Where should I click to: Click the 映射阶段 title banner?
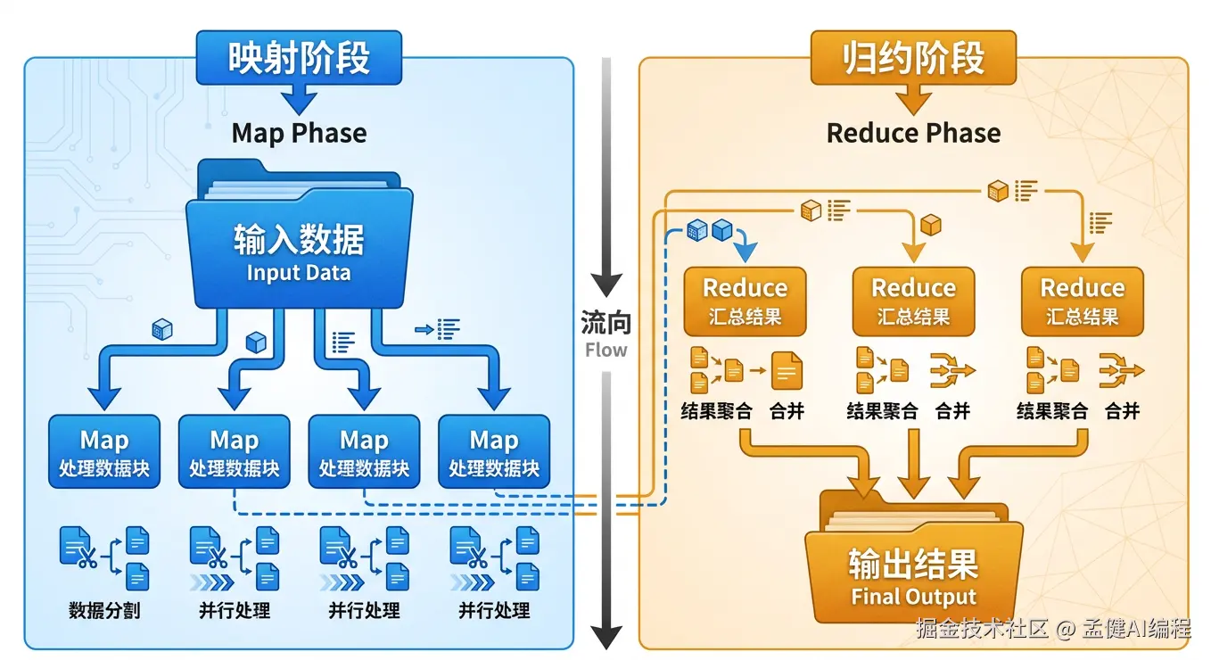[299, 59]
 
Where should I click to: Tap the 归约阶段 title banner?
[913, 59]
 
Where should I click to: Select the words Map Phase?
[299, 134]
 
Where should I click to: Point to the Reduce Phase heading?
[913, 134]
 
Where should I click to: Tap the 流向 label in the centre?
[605, 322]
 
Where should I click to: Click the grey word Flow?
[605, 350]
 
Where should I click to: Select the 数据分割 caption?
[104, 611]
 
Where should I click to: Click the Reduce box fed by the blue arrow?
[745, 301]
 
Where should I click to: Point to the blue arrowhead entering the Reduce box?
[746, 252]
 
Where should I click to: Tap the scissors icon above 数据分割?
[86, 561]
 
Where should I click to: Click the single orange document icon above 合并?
[787, 370]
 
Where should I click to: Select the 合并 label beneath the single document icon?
[787, 411]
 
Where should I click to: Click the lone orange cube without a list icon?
[931, 225]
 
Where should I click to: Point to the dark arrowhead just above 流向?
[606, 284]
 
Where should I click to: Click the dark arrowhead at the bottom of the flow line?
[606, 636]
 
